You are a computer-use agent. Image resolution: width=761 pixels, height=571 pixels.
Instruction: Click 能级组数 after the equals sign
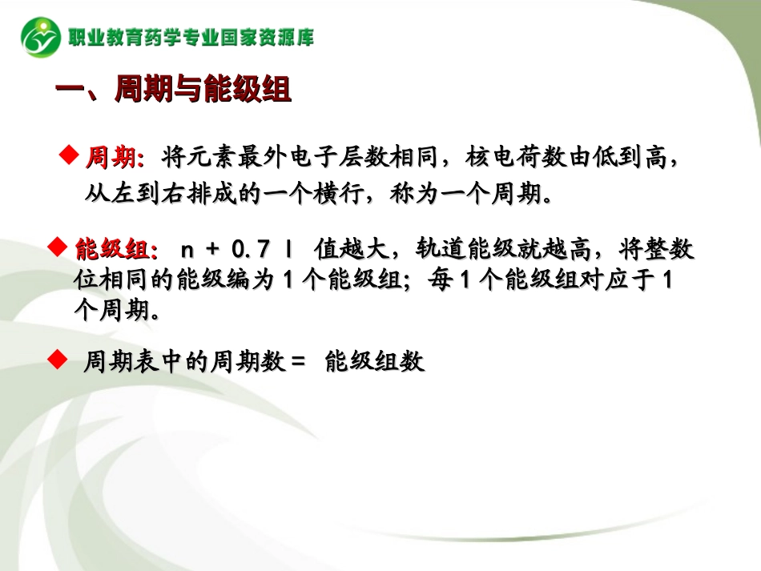[374, 363]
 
